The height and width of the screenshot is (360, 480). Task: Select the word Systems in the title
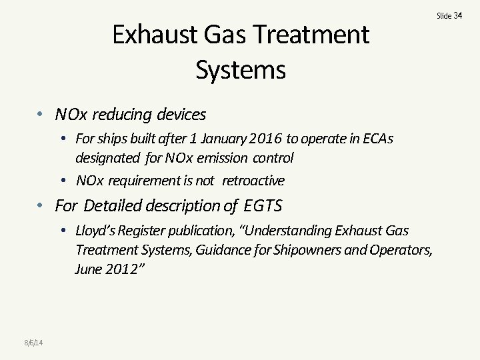click(241, 69)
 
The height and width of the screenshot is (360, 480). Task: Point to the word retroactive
click(253, 180)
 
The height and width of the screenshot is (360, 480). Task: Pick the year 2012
click(126, 269)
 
